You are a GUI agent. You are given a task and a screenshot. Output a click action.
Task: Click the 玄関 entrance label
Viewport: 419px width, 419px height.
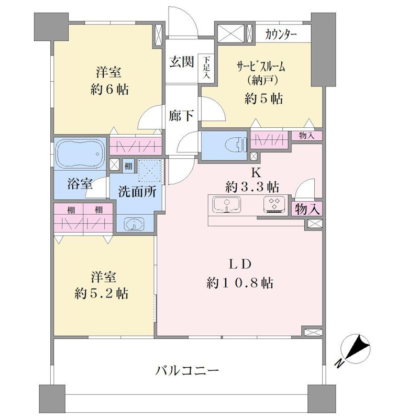click(181, 62)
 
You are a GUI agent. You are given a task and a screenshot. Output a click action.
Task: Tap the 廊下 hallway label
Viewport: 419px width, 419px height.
click(181, 115)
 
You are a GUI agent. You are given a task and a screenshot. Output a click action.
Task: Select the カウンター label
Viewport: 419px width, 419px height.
click(281, 35)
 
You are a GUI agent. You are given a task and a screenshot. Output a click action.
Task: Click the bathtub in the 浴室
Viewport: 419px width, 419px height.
click(80, 153)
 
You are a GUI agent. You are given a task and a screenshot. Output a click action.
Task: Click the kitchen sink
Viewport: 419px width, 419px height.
click(227, 204)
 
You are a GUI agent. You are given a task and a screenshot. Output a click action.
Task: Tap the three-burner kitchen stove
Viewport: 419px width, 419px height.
click(274, 204)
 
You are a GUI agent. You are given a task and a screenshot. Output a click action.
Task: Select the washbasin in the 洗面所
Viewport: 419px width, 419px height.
click(134, 224)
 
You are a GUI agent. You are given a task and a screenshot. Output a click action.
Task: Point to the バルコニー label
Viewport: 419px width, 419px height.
click(188, 371)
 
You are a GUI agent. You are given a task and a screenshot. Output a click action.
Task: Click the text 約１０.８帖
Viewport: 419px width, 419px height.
click(240, 283)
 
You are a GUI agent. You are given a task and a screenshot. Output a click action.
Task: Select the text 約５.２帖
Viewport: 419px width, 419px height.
click(101, 293)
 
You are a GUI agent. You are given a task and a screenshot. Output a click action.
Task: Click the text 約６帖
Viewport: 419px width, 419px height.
click(109, 89)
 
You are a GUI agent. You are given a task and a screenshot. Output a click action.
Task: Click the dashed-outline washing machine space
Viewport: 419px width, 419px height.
click(150, 171)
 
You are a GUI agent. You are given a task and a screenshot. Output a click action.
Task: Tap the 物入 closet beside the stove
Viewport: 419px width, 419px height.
click(308, 208)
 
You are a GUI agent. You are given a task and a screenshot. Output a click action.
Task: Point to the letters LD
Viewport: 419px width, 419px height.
click(240, 264)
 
